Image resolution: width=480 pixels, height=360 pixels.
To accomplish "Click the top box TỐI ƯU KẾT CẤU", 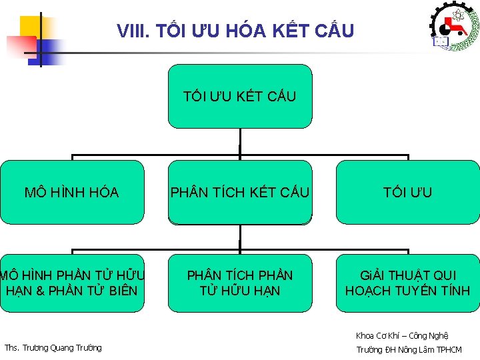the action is coord(239,96).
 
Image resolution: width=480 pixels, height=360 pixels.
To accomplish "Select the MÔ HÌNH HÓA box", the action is coord(71,193).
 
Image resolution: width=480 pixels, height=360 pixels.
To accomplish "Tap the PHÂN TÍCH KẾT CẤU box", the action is coord(239,193).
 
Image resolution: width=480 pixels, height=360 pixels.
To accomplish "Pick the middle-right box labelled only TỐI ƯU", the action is coord(407,193).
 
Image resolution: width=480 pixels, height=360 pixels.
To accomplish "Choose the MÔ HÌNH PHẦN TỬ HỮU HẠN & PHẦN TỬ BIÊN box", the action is coord(71,283).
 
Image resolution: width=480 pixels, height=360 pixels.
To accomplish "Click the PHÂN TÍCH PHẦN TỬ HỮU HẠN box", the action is coord(239,283).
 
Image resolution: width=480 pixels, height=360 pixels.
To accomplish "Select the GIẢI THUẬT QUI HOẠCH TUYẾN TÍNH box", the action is coord(407,283).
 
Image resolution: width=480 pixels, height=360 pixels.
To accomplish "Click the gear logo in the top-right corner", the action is coord(454,27).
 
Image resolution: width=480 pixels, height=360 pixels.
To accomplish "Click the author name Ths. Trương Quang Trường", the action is coord(53,347).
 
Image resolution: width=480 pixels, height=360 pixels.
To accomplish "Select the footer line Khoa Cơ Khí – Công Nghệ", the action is coord(402,335).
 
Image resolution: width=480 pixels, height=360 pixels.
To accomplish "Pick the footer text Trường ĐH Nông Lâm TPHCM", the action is coord(409,349).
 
